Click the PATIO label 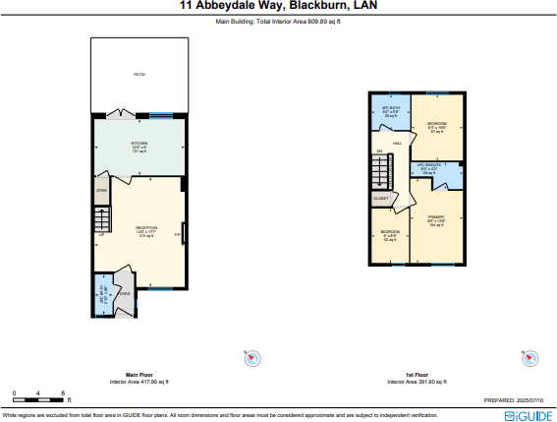[x=139, y=75]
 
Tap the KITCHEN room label [x=139, y=147]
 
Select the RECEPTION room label [x=145, y=231]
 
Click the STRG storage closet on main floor [x=101, y=191]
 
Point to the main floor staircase [x=100, y=219]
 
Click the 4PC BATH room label [x=390, y=111]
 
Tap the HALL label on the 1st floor [x=398, y=144]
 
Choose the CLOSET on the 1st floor [x=380, y=199]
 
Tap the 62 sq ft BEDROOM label [x=390, y=235]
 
